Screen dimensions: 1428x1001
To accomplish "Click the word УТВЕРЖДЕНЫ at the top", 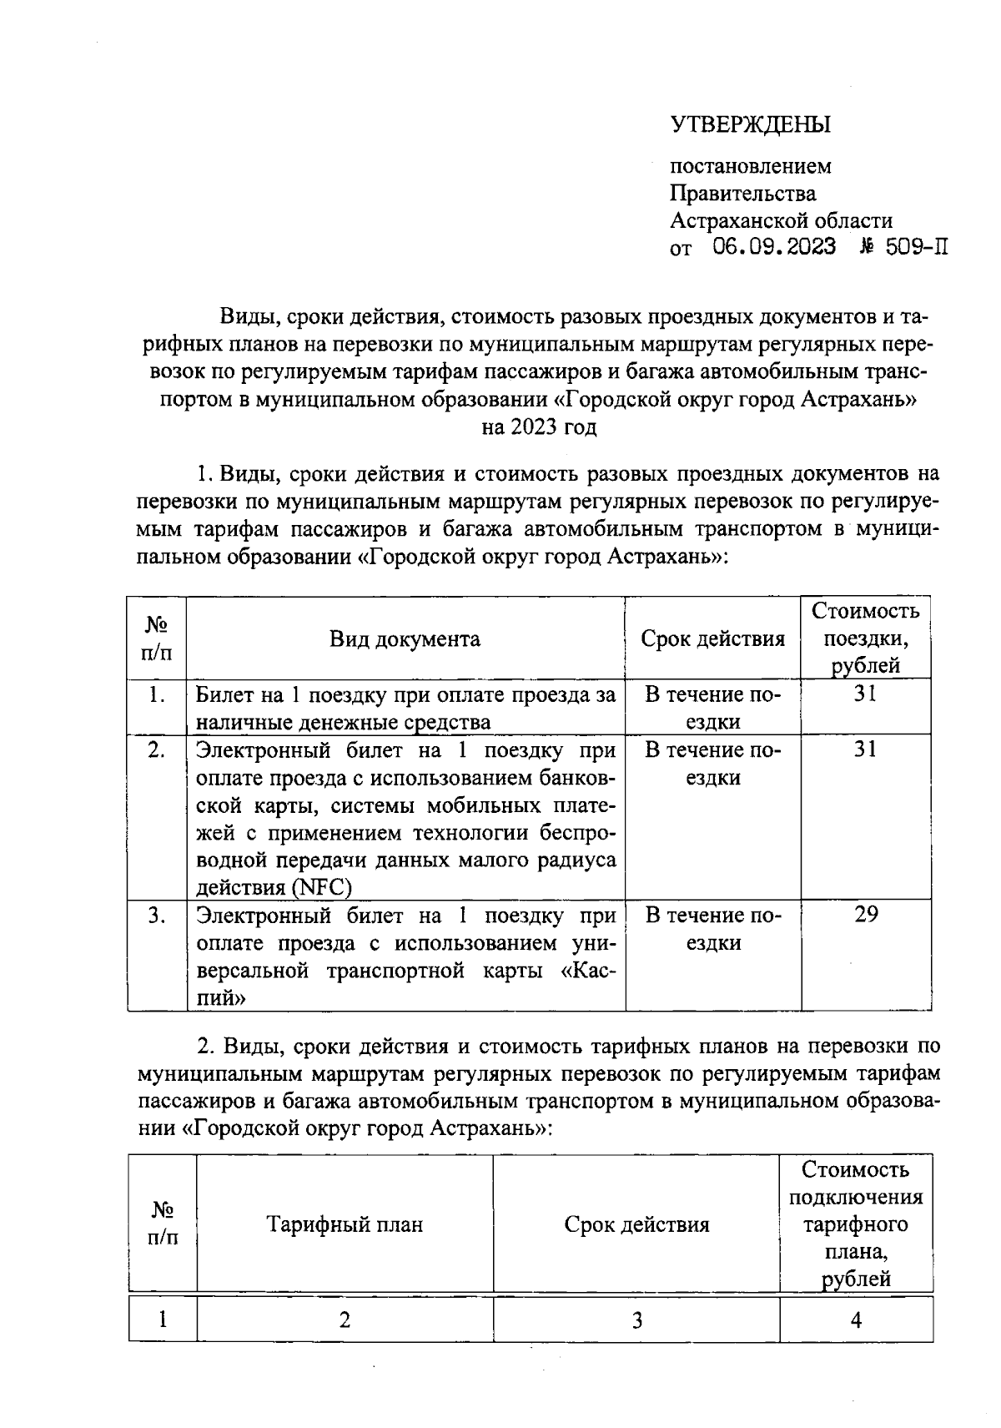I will pos(751,125).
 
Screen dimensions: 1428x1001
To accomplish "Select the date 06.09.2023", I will pos(774,248).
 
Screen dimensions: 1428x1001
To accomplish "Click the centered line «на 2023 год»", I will pos(539,427).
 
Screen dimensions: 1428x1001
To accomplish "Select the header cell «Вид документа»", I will pos(405,639).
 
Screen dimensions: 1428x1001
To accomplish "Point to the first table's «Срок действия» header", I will pos(712,639).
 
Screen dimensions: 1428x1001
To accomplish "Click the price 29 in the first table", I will pos(865,915).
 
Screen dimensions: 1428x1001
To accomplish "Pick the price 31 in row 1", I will pos(865,694).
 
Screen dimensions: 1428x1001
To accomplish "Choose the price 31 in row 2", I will pos(865,749).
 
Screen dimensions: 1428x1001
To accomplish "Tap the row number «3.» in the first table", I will pos(156,916).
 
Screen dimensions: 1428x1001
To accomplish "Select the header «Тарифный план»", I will pos(345,1224).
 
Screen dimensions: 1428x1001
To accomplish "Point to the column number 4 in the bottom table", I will pos(856,1320).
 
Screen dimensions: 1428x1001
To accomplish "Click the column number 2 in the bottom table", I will pos(345,1320).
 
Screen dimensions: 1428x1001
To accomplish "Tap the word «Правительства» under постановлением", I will pos(743,194).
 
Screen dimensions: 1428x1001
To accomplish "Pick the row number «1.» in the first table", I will pos(156,694).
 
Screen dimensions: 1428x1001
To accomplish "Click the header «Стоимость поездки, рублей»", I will pos(865,638).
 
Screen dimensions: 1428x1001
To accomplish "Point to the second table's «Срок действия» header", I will pos(636,1224).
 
